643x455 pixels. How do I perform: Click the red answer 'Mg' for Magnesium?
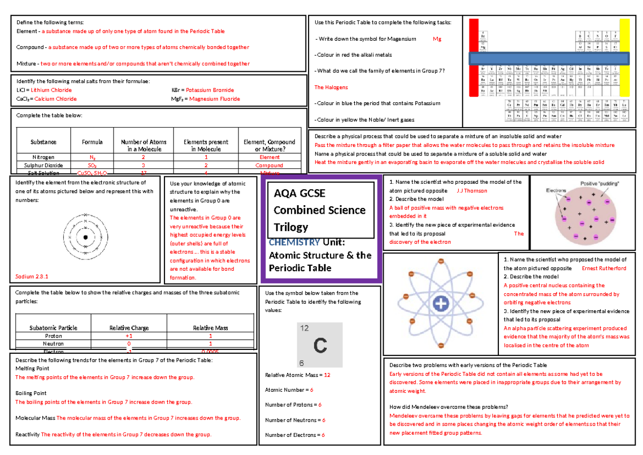click(x=437, y=39)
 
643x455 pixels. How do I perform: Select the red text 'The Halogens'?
click(x=331, y=87)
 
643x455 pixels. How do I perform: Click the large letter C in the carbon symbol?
click(x=319, y=346)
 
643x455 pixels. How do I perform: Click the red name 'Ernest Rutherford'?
click(x=603, y=268)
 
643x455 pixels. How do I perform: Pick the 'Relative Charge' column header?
click(x=129, y=328)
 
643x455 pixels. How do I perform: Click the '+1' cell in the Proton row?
click(x=129, y=336)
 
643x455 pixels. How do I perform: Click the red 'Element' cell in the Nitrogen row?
click(x=269, y=158)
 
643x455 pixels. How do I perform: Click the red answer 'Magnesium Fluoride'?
click(x=213, y=99)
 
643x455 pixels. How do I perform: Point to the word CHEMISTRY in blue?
click(x=295, y=243)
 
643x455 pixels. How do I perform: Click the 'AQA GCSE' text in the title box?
click(x=300, y=193)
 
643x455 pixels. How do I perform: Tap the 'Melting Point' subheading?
click(x=32, y=369)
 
